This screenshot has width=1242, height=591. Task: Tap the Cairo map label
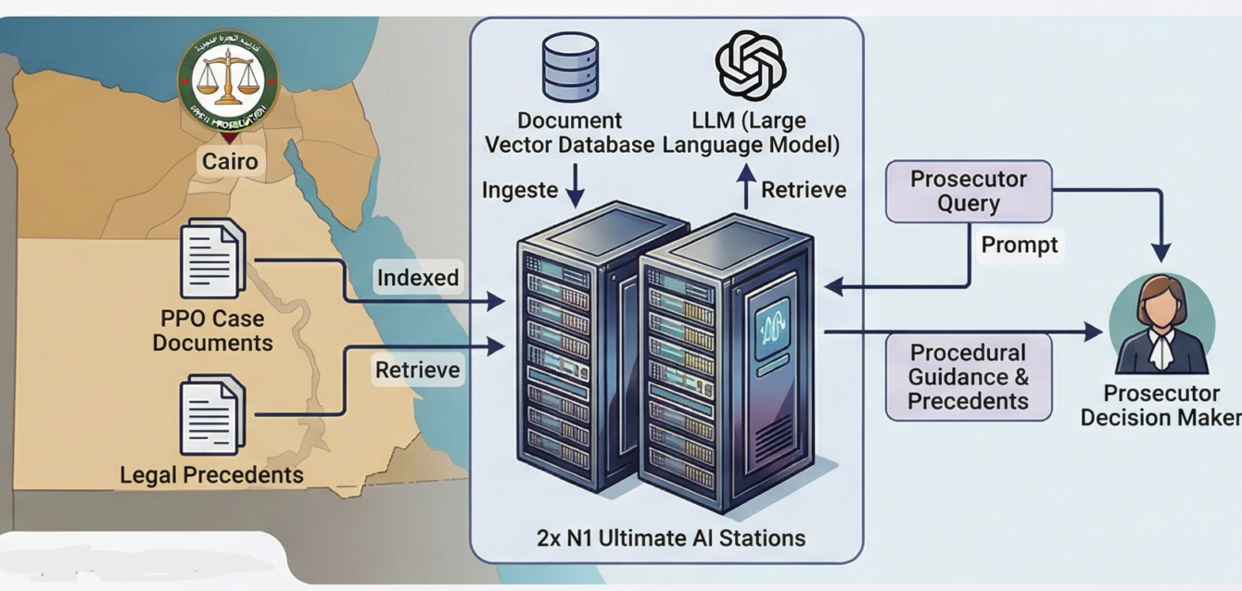point(230,162)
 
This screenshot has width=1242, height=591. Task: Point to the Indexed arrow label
point(417,277)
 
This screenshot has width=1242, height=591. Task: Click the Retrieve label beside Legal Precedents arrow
point(417,370)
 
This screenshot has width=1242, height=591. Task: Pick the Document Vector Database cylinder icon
point(570,67)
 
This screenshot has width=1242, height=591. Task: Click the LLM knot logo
point(751,65)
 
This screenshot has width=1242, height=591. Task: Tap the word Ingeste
point(520,190)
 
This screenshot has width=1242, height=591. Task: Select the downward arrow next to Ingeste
point(575,188)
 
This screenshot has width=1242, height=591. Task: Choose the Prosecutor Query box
point(969,192)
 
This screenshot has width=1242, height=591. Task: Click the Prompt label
point(1020,245)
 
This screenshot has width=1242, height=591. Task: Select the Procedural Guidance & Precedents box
point(969,377)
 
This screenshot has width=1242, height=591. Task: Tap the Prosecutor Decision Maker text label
point(1160,405)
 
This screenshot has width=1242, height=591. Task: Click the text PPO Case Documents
point(213,331)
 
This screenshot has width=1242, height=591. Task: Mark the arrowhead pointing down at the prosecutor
point(1160,253)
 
